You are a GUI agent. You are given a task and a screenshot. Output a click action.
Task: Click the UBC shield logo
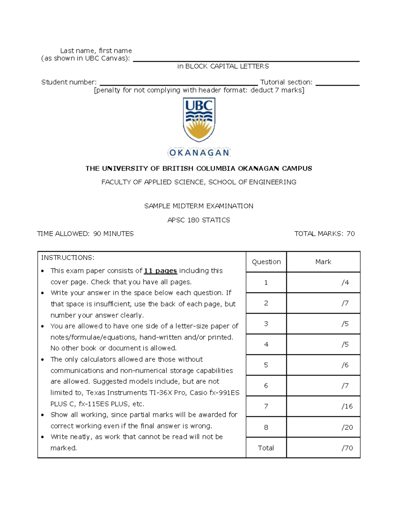click(199, 120)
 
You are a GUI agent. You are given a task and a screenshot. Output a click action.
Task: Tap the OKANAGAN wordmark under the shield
click(199, 153)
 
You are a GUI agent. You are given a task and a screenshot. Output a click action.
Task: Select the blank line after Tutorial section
click(337, 83)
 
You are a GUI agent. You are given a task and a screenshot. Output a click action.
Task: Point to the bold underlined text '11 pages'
click(160, 271)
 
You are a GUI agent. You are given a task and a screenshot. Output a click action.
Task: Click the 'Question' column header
click(266, 262)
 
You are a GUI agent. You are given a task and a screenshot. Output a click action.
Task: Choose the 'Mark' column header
click(323, 262)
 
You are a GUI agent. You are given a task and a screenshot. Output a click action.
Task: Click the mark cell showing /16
click(347, 406)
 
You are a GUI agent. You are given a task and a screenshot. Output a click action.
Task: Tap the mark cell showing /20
click(347, 427)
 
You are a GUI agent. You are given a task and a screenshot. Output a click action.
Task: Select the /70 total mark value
click(347, 448)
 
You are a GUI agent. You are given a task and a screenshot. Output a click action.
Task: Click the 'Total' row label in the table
click(266, 448)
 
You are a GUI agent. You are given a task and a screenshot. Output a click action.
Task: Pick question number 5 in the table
click(266, 365)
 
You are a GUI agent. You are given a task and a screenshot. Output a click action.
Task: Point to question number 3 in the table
click(266, 324)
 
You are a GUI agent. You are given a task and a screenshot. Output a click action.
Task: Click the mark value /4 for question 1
click(345, 282)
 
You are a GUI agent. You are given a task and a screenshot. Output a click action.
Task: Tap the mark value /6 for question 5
click(345, 365)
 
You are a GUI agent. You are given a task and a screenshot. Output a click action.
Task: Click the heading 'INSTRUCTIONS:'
click(68, 258)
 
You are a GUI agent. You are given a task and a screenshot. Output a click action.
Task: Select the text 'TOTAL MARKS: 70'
click(324, 234)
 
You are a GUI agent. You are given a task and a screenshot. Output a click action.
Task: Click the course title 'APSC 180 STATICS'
click(199, 220)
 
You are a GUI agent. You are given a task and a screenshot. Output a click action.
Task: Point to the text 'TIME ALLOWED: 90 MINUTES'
click(85, 234)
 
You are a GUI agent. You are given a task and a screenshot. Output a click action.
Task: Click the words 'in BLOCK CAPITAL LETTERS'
click(223, 66)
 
